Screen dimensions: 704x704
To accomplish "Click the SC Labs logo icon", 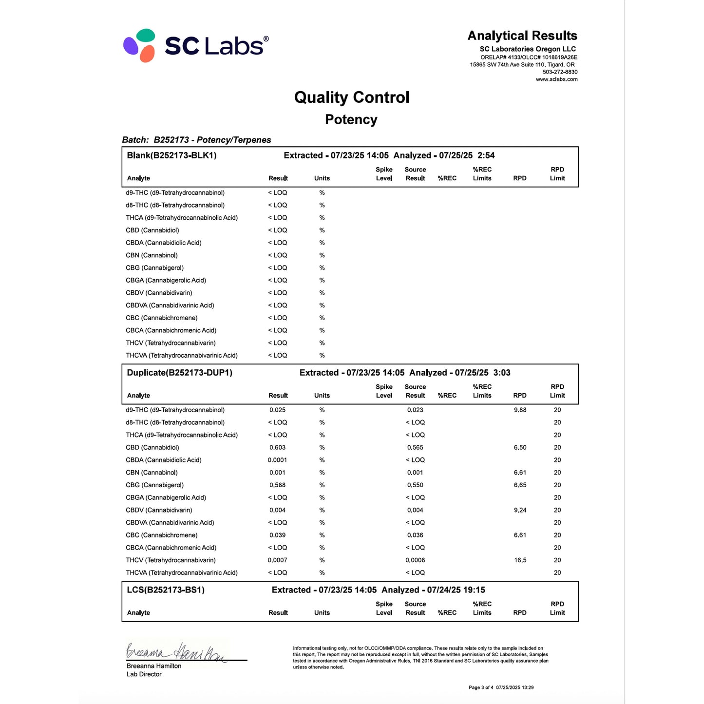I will click(140, 45).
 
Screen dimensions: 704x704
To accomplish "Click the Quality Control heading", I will click(352, 97).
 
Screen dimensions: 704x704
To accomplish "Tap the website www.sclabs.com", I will click(556, 79).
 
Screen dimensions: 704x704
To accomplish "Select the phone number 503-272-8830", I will click(560, 72).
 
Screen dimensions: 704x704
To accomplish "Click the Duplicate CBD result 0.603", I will click(277, 448).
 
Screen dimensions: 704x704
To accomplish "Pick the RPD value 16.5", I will click(520, 560).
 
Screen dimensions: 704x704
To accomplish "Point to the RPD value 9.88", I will click(520, 410).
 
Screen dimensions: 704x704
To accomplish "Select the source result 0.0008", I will click(415, 560).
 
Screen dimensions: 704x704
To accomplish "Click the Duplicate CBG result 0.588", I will click(277, 485).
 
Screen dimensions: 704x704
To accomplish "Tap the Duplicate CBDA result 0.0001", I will click(277, 460).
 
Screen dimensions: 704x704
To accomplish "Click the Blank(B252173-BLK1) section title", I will click(171, 155).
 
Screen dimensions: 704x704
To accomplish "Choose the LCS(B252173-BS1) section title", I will click(166, 590).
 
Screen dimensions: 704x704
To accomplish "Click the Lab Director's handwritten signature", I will click(175, 652).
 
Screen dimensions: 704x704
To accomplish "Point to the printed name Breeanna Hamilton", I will click(154, 666).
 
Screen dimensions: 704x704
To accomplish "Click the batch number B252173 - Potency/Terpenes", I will click(212, 140).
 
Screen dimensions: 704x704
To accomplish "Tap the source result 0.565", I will click(415, 448).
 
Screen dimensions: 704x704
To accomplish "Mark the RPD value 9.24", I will click(520, 511).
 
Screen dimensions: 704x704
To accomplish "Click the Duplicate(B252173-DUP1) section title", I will click(179, 373).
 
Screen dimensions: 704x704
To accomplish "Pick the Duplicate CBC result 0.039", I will click(277, 535).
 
